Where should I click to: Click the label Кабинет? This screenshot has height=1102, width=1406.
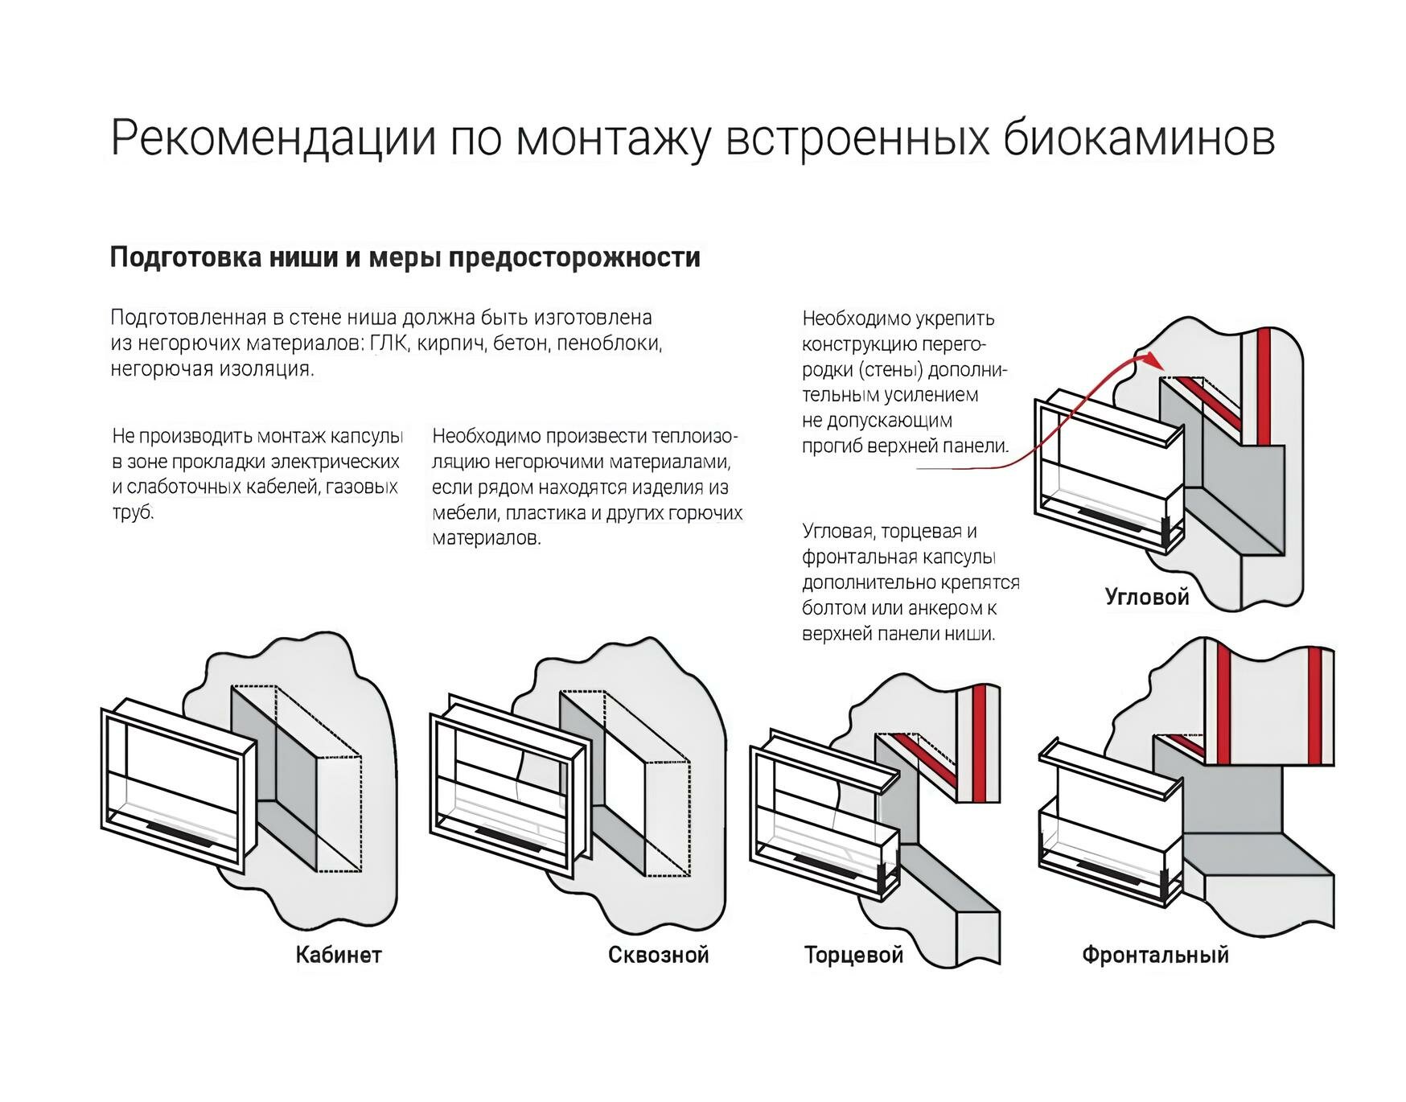point(338,955)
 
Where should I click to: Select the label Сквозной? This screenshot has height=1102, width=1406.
point(658,955)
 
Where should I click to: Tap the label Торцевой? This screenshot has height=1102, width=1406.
point(853,955)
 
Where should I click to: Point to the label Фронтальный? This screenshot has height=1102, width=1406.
point(1155,955)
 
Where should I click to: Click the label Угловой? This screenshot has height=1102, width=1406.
point(1146,597)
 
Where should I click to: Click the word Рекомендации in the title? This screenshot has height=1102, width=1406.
point(273,138)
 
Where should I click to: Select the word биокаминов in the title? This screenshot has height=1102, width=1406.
point(1138,138)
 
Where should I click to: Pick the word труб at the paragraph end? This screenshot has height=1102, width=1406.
point(132,512)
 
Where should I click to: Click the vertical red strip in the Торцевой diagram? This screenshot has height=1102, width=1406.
point(980,744)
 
